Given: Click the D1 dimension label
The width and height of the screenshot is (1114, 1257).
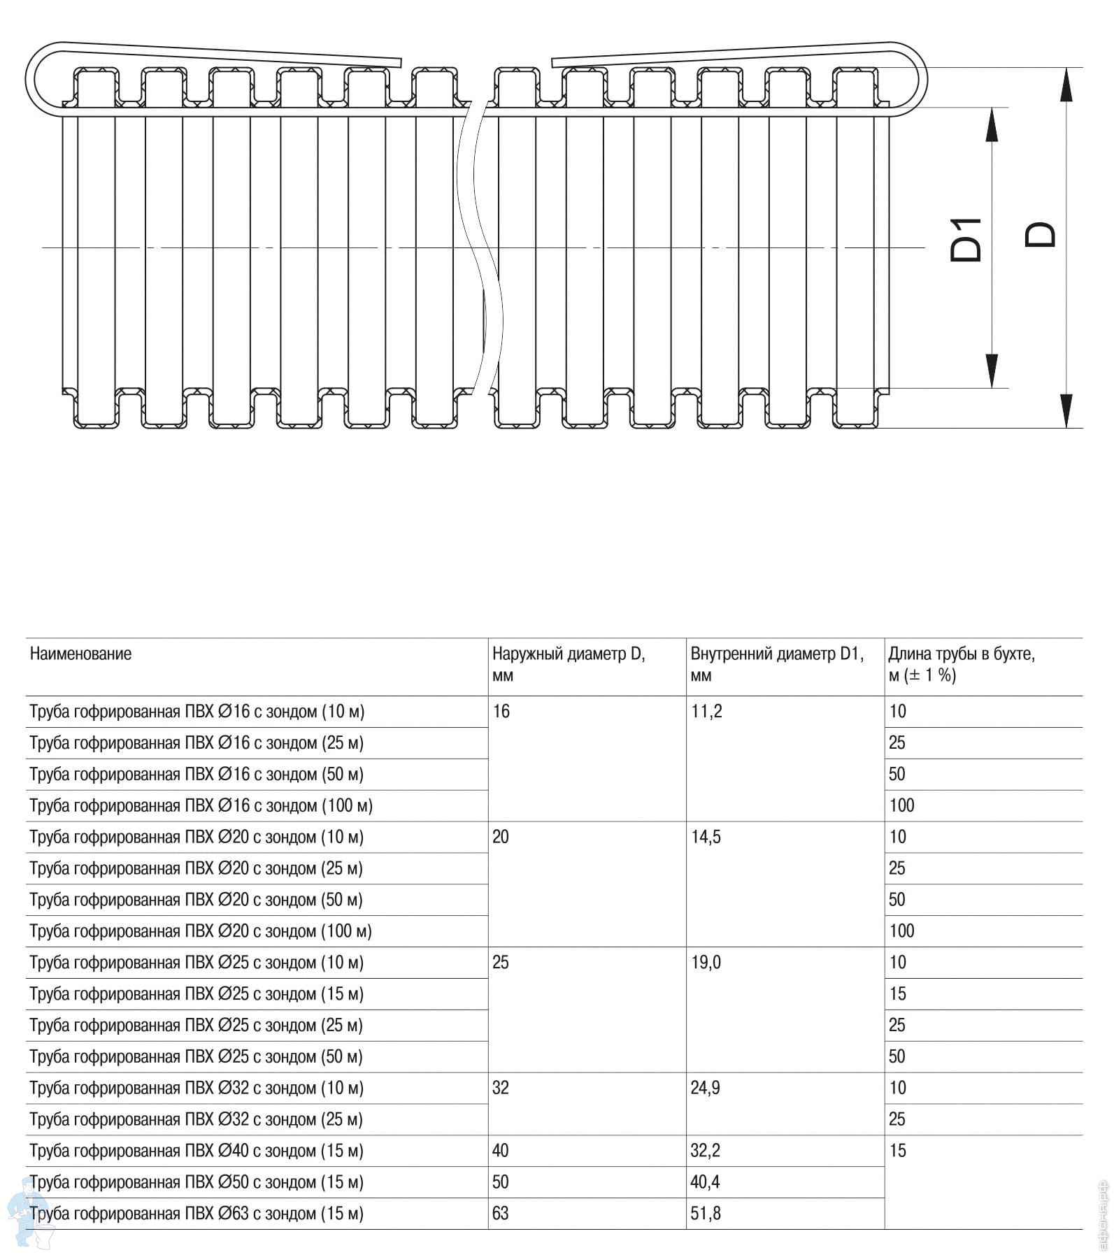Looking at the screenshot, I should pos(966,240).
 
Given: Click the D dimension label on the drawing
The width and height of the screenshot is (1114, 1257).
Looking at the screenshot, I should pos(1041,235).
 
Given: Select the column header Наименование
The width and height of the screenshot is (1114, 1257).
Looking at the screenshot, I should pos(80,654).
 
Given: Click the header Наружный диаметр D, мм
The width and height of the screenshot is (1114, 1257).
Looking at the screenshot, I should pos(568,663).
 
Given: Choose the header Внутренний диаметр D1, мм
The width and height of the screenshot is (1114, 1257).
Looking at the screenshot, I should pos(776,663).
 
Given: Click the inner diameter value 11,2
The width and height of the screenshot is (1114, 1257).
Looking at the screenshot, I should pos(706,712).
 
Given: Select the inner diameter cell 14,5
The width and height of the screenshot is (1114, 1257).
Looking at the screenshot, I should pos(706,837).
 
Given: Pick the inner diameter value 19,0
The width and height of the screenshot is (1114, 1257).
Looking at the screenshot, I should pos(706,963).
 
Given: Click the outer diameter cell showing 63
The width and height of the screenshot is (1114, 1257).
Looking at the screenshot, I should pos(501,1214).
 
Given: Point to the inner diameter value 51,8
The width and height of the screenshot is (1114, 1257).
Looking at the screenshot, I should pos(706,1214).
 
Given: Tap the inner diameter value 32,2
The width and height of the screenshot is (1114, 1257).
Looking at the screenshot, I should pos(706,1151).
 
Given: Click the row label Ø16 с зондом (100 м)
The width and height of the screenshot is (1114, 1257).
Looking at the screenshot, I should pos(201,805).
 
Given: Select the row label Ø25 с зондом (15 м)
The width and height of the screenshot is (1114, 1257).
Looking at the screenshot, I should pos(197,994).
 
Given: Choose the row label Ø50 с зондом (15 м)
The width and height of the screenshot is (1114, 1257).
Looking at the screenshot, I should pos(197,1182).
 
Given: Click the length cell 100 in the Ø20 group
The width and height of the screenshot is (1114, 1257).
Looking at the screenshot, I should pos(901,931).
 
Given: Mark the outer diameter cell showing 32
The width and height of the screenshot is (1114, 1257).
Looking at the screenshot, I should pos(501,1088).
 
